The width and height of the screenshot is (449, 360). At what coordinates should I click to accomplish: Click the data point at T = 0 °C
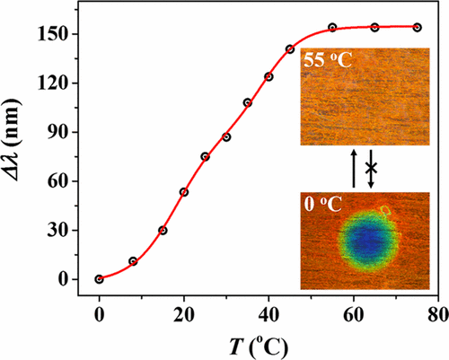coord(99,279)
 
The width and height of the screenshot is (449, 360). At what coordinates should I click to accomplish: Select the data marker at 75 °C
coord(418,27)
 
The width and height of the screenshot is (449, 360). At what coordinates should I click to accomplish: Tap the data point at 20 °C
coord(184,191)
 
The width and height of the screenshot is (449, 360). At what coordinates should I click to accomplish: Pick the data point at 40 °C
coord(269,76)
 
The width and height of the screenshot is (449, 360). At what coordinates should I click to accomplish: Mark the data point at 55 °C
coord(332,28)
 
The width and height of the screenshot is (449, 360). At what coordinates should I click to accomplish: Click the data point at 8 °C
coord(133,261)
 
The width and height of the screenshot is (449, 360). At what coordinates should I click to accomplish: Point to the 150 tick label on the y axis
coord(63,34)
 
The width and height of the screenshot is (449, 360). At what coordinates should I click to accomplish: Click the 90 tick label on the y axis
coord(67,132)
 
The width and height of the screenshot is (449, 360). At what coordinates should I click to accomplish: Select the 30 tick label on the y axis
coord(67,231)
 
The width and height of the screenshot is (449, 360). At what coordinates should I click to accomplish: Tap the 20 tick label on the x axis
coord(184,313)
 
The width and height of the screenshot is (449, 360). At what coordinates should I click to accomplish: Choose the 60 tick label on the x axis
coord(353,313)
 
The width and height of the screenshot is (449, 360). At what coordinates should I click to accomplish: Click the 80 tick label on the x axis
coord(437,313)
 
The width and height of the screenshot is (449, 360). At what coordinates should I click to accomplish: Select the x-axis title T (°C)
coord(267,344)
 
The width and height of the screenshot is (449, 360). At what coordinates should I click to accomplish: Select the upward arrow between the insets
coord(355,168)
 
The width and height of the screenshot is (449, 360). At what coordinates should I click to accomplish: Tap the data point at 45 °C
coord(290,49)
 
